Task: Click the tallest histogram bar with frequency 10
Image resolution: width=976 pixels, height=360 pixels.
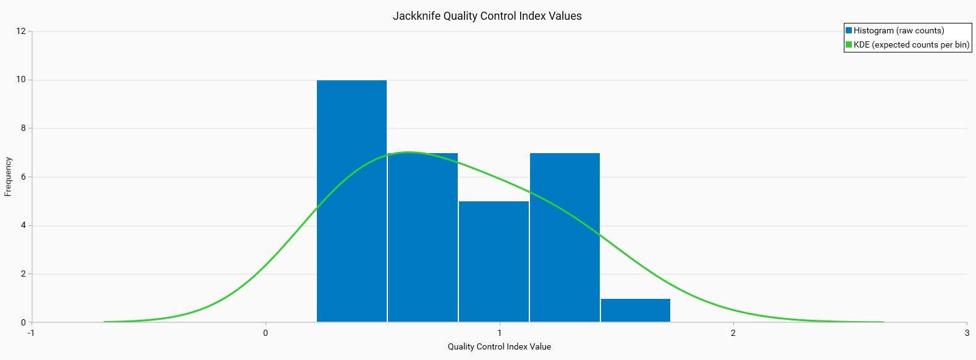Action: coord(351,201)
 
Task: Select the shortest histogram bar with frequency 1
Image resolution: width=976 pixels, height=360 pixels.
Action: coord(635,310)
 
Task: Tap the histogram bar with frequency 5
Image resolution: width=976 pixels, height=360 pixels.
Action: coord(494,261)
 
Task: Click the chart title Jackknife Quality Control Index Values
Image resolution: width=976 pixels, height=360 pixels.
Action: coord(487,16)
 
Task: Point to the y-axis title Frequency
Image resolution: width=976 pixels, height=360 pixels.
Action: coord(8,177)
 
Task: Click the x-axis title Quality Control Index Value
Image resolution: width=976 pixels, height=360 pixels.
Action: coord(499,346)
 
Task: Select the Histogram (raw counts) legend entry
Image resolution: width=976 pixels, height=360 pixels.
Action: coord(898,30)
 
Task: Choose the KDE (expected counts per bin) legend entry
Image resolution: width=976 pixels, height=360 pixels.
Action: coord(911,44)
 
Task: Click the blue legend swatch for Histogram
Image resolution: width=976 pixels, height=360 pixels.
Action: coord(849,30)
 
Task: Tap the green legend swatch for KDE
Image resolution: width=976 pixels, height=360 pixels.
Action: coord(849,44)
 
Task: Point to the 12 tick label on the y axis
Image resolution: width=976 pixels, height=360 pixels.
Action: coord(21,31)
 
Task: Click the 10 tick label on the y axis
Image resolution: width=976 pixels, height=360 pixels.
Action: coord(21,80)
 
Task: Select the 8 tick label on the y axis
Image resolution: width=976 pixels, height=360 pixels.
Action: coord(23,128)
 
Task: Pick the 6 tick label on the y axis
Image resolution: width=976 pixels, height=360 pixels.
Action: coord(23,177)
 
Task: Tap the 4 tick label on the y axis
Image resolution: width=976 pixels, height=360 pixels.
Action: coord(23,225)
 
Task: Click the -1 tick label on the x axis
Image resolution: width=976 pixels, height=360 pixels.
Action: coord(31,333)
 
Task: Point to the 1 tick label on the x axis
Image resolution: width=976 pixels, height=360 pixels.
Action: coord(499,333)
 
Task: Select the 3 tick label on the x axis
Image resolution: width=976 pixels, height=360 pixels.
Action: coord(967,333)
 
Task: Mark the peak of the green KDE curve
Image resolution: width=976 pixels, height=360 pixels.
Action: coord(409,152)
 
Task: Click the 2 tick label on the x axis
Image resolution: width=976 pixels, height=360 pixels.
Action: coord(733,333)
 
